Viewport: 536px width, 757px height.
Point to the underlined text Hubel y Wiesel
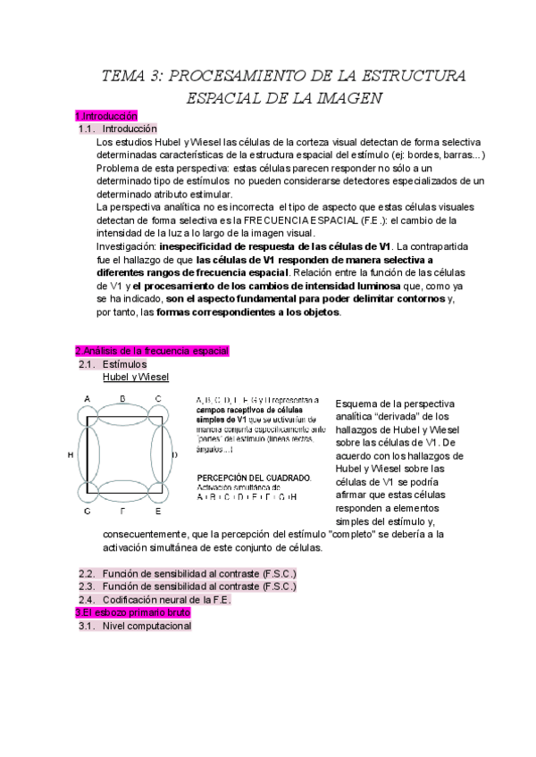pyautogui.click(x=137, y=378)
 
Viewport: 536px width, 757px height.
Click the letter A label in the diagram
pyautogui.click(x=87, y=399)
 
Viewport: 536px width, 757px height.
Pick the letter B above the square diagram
pyautogui.click(x=122, y=399)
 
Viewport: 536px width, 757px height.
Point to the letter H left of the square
pyautogui.click(x=71, y=455)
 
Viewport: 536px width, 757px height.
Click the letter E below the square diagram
pyautogui.click(x=158, y=512)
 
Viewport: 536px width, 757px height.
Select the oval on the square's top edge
pyautogui.click(x=123, y=413)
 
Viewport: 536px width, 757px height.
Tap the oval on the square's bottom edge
pyautogui.click(x=123, y=492)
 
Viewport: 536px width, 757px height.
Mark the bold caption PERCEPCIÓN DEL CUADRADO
pyautogui.click(x=255, y=478)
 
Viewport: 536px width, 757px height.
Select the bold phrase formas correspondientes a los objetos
pyautogui.click(x=248, y=312)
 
